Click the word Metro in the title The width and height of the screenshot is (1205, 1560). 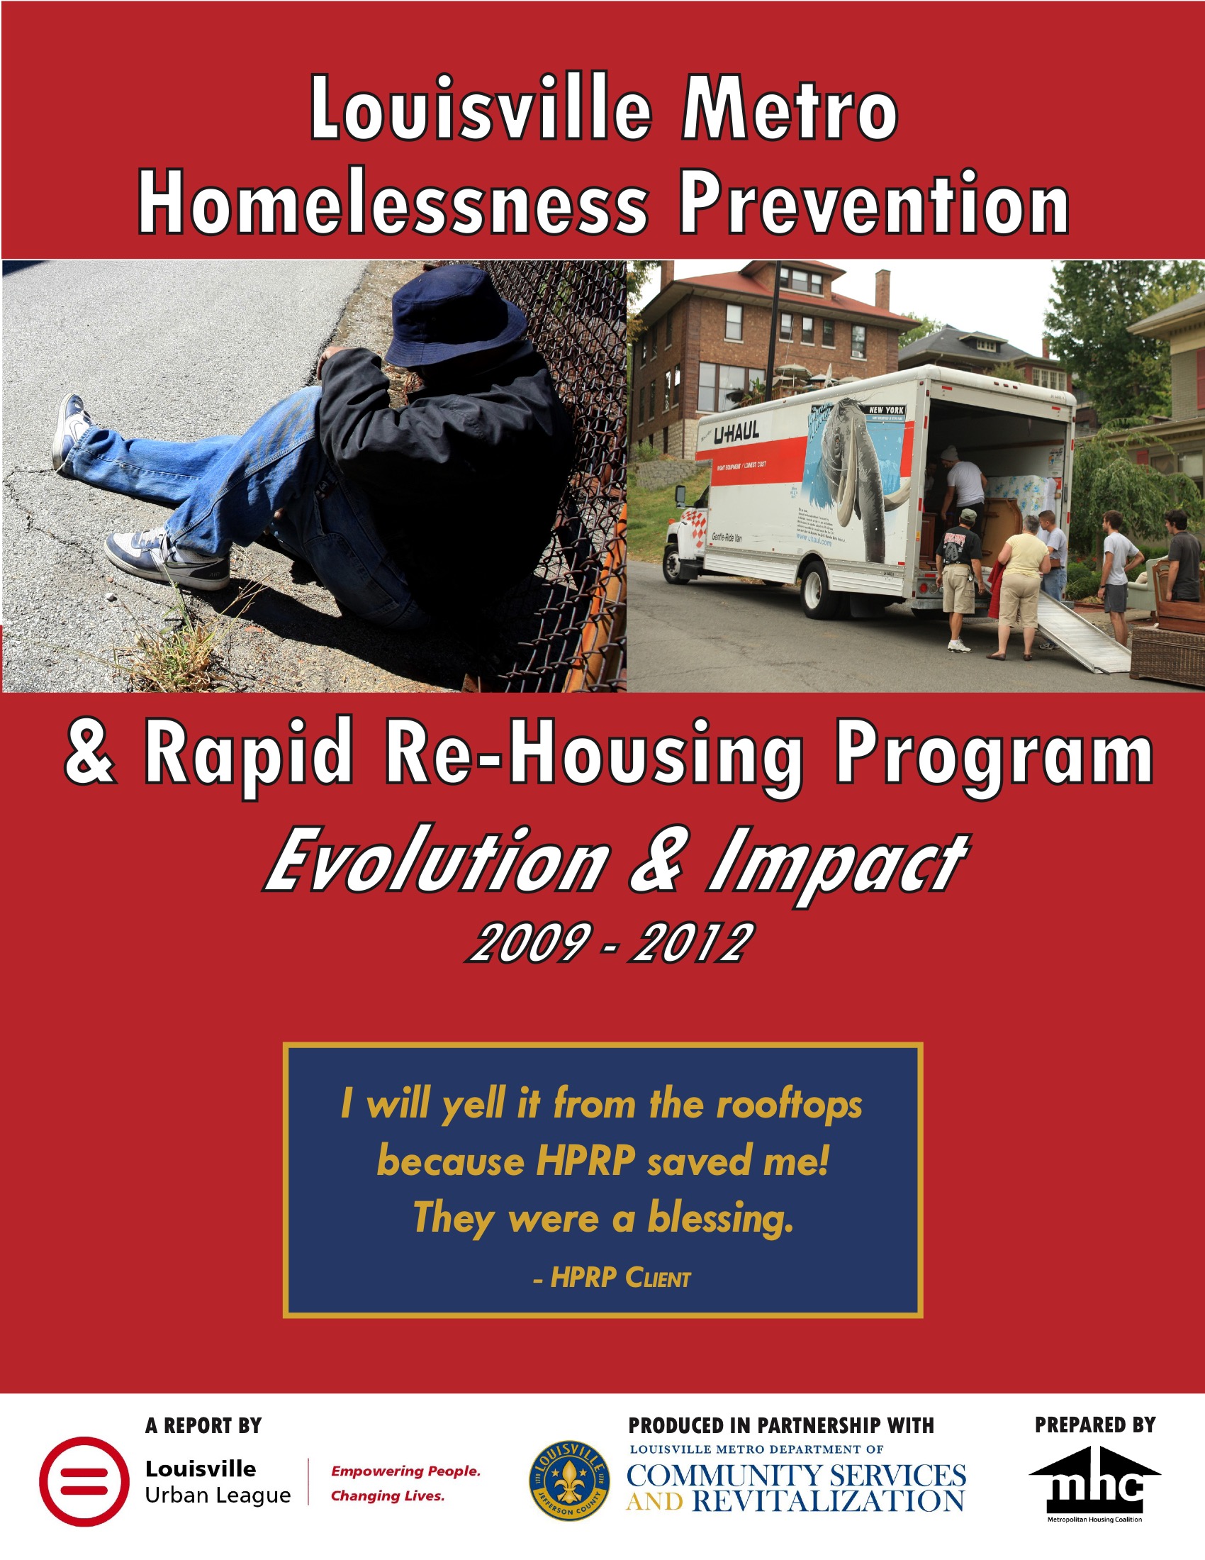(x=789, y=109)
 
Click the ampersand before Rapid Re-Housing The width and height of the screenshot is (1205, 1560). (x=90, y=754)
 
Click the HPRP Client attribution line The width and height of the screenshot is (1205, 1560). (x=612, y=1278)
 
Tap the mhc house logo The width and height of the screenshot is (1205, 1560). (x=1094, y=1483)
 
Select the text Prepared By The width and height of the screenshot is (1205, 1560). (x=1094, y=1426)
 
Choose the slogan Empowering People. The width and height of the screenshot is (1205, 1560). (x=405, y=1471)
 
